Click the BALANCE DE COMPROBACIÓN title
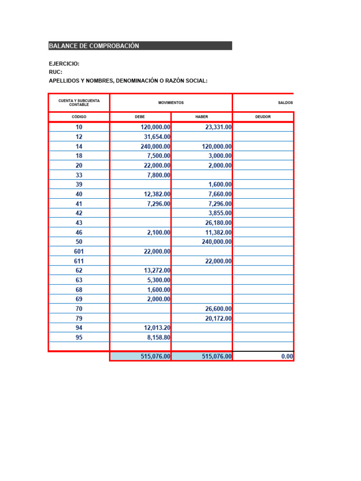point(94,46)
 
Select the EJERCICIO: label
point(64,63)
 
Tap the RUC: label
point(55,72)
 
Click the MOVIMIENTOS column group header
point(171,102)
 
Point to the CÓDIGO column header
point(78,116)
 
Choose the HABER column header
point(201,116)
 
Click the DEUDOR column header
point(263,116)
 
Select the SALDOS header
point(285,102)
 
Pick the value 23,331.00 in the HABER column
point(215,127)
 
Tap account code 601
point(78,251)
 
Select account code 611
point(78,261)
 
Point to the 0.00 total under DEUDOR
point(287,357)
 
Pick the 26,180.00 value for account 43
point(218,223)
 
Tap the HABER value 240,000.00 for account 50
point(214,242)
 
